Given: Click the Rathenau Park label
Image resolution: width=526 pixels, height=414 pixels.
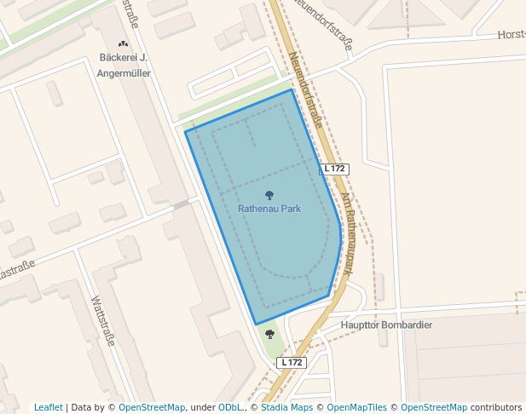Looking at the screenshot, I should [x=269, y=209].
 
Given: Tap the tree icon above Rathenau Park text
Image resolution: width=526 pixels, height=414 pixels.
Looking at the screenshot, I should [x=269, y=195].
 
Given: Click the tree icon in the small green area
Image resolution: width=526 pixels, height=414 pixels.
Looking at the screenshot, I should [x=270, y=334].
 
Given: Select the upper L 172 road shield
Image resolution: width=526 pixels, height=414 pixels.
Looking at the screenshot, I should [x=334, y=169].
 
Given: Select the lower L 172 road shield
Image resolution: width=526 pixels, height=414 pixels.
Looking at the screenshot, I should [x=291, y=363].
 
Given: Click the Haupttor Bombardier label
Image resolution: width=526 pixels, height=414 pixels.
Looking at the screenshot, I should [x=386, y=325].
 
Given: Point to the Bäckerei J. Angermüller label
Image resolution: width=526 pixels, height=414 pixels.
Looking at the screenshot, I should [x=124, y=66].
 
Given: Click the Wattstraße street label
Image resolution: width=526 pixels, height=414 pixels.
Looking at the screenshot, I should [x=101, y=320].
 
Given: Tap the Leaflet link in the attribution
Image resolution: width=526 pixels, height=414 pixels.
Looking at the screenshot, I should [x=48, y=408].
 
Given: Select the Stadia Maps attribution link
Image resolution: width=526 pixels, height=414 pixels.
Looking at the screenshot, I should [x=286, y=408].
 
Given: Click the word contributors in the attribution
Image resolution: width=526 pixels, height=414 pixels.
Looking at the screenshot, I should [x=496, y=408].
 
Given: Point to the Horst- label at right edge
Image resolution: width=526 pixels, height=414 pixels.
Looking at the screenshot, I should [x=512, y=35].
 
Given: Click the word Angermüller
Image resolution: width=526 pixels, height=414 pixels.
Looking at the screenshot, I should [x=124, y=73].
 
